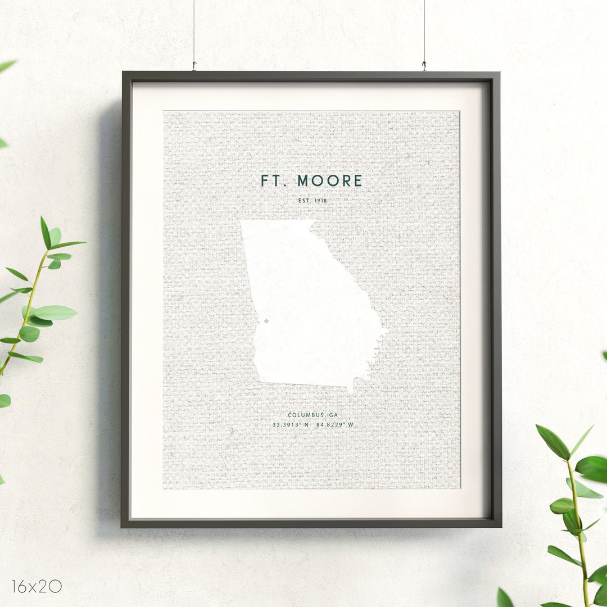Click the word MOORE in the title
pyautogui.click(x=330, y=181)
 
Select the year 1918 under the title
pyautogui.click(x=320, y=201)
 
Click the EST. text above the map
pyautogui.click(x=304, y=201)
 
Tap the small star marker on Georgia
pyautogui.click(x=266, y=321)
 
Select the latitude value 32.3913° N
pyautogui.click(x=291, y=425)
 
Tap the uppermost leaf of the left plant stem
pyautogui.click(x=45, y=232)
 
